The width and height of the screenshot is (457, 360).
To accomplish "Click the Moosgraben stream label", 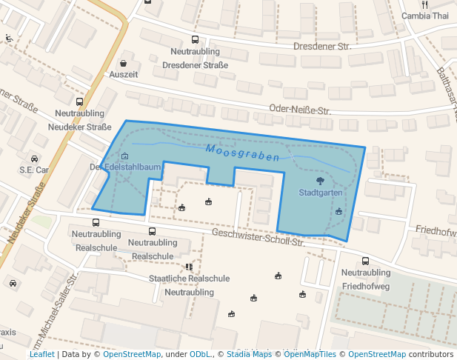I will pos(243,153).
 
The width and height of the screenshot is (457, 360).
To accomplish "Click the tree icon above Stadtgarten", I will pos(320,180).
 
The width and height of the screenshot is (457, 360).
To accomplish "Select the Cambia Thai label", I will pos(425,16).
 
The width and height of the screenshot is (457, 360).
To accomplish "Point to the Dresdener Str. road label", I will pos(321,46).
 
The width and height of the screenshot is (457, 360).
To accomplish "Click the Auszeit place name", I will pos(124,75).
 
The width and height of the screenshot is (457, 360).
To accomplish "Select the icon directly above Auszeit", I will pos(123,64).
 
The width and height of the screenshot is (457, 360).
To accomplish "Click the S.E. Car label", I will pos(34,170).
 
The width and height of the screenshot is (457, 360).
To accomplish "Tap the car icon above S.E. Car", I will pos(34,159).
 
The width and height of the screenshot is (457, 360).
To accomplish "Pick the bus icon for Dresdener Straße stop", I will pos(195,40).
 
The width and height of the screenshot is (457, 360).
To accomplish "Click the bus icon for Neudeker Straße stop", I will pos(79,101).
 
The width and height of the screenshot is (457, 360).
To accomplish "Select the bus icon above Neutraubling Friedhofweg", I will pos(366,261).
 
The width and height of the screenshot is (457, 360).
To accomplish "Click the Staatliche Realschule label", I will pos(189,279).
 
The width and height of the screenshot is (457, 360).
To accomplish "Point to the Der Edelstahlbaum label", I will pos(125,167).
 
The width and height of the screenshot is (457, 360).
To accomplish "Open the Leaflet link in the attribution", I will pos(42,354).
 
